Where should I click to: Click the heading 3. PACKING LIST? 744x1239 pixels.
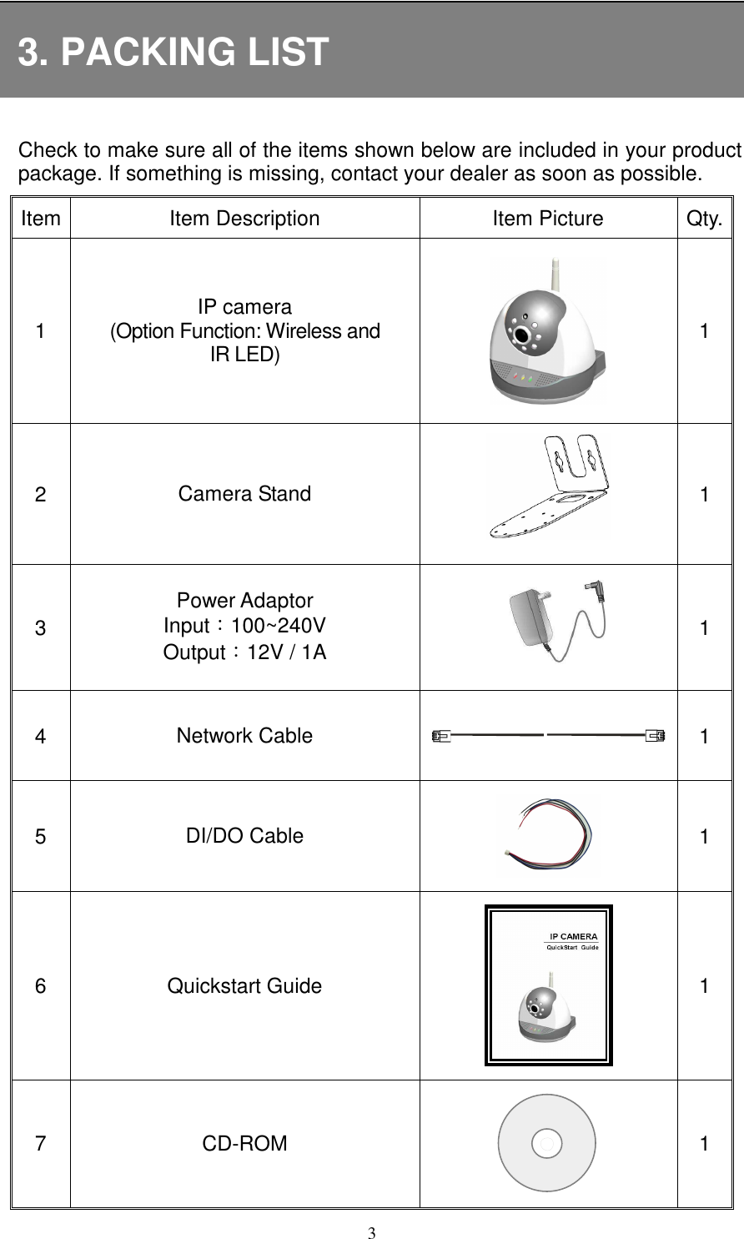tap(173, 52)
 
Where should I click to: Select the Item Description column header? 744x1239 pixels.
tap(244, 219)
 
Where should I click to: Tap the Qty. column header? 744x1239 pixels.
tap(705, 219)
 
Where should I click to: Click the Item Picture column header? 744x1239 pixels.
tap(548, 219)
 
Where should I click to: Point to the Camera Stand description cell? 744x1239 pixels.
tap(244, 493)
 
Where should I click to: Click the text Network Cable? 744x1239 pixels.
tap(244, 736)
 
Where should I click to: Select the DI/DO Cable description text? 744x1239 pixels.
tap(244, 836)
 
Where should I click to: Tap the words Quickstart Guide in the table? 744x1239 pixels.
tap(244, 986)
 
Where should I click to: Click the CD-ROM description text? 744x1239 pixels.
tap(244, 1143)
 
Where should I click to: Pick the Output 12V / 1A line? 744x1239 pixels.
tap(244, 652)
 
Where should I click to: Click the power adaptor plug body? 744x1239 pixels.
tap(526, 614)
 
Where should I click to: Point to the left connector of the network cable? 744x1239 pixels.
tap(441, 736)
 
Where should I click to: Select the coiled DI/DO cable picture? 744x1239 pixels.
tap(548, 834)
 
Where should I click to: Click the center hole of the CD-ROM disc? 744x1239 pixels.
tap(546, 1142)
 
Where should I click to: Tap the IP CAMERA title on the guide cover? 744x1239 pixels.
tap(572, 935)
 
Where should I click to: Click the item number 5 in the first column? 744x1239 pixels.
tap(41, 836)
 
